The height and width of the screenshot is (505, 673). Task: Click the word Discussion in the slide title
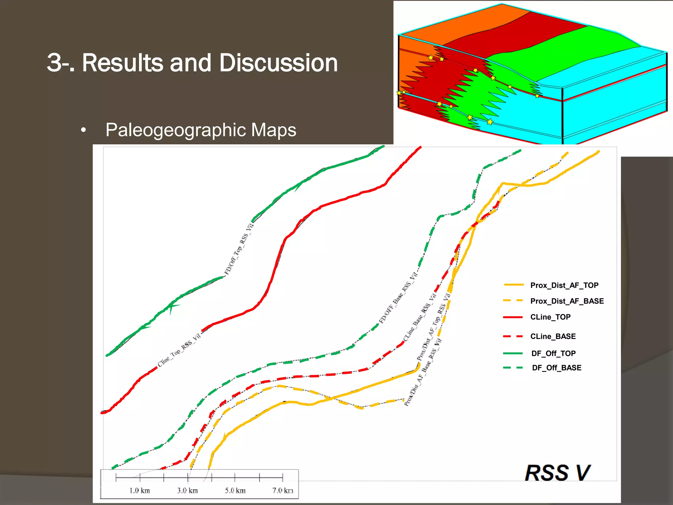click(x=278, y=63)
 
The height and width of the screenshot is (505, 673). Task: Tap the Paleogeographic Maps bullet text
click(x=200, y=130)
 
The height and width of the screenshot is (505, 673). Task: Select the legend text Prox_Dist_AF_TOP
click(x=564, y=285)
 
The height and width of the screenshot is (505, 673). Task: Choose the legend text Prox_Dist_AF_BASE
click(x=567, y=301)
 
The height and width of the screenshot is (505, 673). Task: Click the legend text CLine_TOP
click(x=550, y=317)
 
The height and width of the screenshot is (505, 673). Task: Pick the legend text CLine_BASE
click(x=553, y=336)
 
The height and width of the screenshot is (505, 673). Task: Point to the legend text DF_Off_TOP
click(x=553, y=353)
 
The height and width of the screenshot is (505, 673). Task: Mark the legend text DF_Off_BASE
click(x=556, y=368)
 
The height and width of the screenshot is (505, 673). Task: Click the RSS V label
click(x=557, y=473)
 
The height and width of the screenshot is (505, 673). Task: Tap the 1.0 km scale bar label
click(x=139, y=491)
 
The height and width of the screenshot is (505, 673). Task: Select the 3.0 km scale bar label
click(x=187, y=491)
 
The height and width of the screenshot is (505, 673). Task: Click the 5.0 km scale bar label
click(x=235, y=491)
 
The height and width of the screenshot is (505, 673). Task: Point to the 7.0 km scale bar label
click(x=283, y=491)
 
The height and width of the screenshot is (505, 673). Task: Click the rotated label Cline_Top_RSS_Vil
click(x=179, y=350)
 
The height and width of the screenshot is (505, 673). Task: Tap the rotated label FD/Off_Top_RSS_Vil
click(x=239, y=249)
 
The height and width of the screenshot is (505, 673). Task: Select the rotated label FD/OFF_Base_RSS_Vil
click(x=398, y=298)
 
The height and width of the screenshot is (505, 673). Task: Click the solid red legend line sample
click(x=513, y=317)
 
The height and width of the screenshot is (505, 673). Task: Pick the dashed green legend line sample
click(x=513, y=368)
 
